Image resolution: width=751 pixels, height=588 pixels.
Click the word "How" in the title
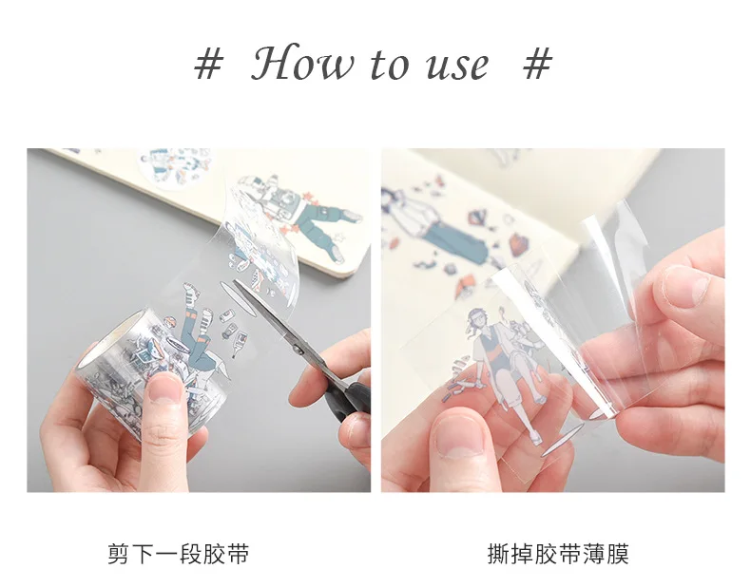[x=303, y=64]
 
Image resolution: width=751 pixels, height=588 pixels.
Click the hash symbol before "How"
[x=208, y=65]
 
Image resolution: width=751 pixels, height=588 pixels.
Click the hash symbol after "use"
[x=537, y=65]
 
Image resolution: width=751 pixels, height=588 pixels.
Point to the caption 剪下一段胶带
[x=179, y=554]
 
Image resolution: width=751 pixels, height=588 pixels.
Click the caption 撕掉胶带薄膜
[x=558, y=554]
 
